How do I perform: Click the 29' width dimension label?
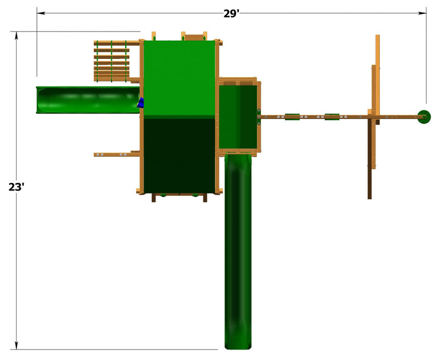click(231, 13)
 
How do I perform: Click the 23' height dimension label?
click(17, 187)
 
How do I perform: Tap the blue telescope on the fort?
click(141, 103)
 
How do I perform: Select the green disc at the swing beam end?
click(424, 117)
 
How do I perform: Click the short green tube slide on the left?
click(88, 100)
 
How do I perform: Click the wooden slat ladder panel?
click(112, 61)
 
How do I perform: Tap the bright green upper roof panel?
click(179, 78)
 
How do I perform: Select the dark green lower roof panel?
click(179, 155)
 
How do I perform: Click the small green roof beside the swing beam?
click(238, 117)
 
